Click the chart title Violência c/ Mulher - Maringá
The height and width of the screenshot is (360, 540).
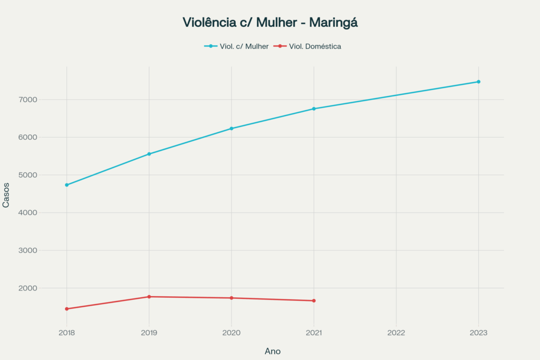coord(270,23)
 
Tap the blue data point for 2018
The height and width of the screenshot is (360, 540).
coord(67,185)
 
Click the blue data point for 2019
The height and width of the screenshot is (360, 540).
coord(149,154)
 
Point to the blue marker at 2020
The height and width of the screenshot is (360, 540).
coord(232,129)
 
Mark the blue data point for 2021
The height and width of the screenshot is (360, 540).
coord(314,109)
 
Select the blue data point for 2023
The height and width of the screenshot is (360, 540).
coord(478,82)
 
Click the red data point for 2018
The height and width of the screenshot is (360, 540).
coord(67,309)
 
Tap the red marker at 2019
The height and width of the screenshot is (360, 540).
coord(149,297)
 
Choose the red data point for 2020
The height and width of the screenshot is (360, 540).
coord(232,298)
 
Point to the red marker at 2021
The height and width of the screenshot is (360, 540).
coord(314,301)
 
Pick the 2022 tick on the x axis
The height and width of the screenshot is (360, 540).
coord(396,333)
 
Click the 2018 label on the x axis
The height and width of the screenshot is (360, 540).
coord(67,333)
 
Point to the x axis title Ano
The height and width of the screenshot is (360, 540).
coord(273,351)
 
